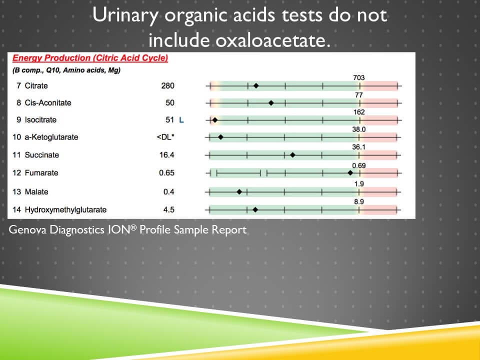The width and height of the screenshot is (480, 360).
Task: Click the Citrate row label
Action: pos(36,86)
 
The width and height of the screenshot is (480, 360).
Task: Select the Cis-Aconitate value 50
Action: pos(170,103)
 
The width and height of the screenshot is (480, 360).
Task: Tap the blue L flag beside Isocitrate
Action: pos(181,120)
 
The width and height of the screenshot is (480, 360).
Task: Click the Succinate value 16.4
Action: pos(167,155)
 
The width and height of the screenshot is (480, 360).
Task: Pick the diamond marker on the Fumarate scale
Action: pos(350,173)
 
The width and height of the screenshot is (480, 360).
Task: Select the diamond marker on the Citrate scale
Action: pos(256,86)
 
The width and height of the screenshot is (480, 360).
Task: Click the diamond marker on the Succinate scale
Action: pos(292,155)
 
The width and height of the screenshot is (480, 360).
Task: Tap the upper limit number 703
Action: pos(358,77)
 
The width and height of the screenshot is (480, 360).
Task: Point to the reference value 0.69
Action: pos(358,165)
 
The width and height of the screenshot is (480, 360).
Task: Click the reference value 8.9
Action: pos(358,201)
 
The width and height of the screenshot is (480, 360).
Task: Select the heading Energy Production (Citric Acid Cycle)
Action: pos(90,58)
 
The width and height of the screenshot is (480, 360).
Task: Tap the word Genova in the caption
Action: pos(25,230)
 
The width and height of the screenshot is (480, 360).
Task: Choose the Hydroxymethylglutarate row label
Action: pos(65,210)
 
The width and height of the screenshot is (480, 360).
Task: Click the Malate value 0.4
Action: pos(169,192)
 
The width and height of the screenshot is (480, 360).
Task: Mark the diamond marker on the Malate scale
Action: pos(239,192)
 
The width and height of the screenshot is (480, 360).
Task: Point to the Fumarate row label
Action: pos(41,173)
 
